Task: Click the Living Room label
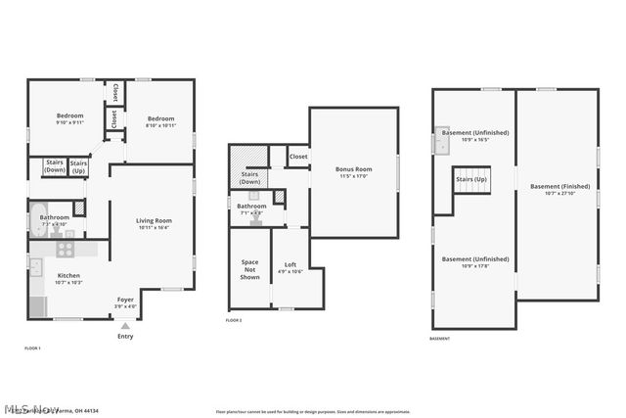[154, 221]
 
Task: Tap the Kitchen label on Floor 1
[67, 276]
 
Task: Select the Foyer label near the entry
[125, 300]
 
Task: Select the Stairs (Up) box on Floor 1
[79, 167]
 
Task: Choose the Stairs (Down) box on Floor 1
[54, 167]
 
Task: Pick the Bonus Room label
[353, 170]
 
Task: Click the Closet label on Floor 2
[298, 156]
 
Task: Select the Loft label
[290, 264]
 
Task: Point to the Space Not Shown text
[250, 269]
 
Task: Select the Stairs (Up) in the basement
[469, 181]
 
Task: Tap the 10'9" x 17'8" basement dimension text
[474, 265]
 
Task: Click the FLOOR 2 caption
[234, 321]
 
